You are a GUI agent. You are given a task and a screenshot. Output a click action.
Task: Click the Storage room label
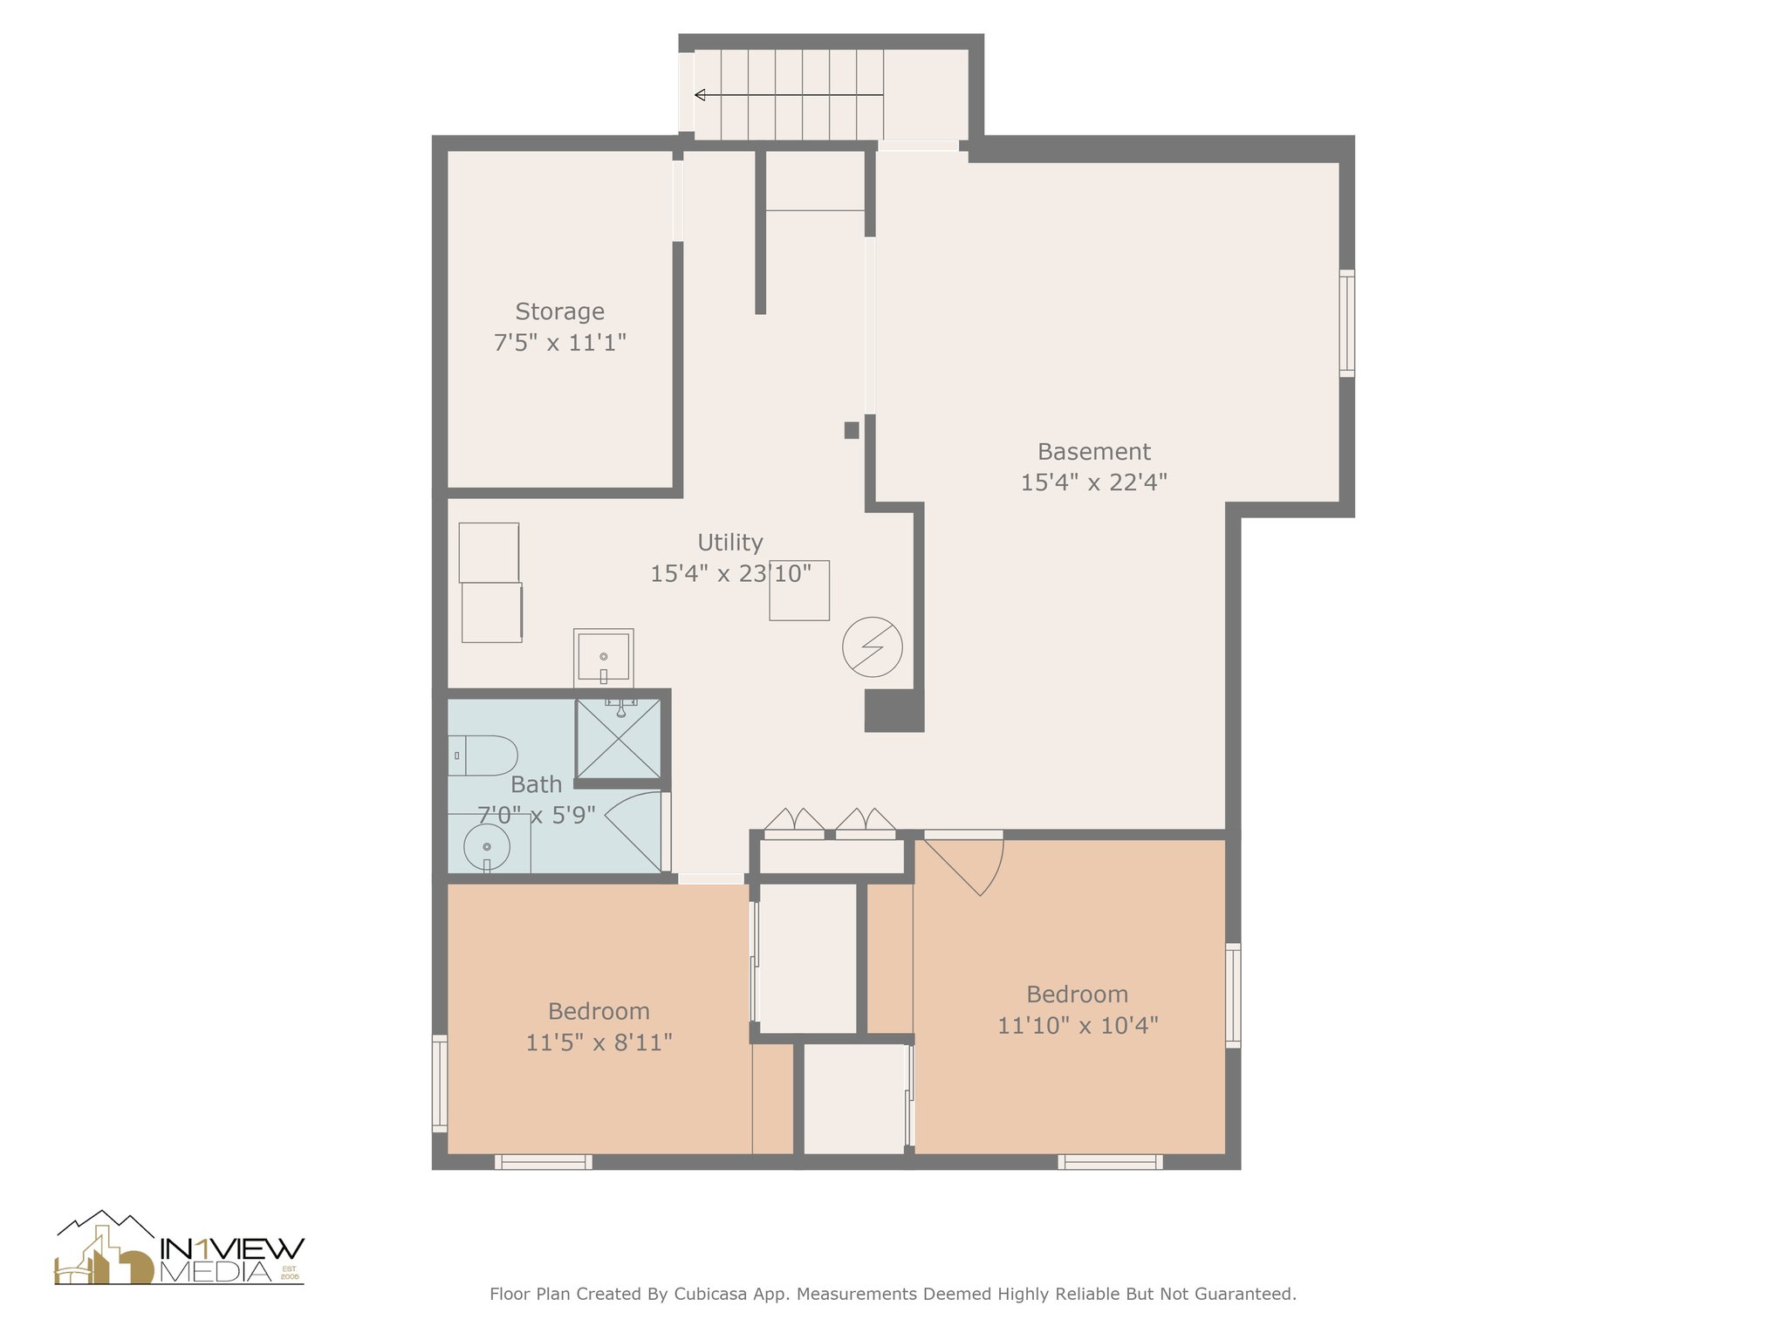pos(559,311)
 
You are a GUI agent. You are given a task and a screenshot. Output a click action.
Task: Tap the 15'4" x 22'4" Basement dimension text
pos(1093,482)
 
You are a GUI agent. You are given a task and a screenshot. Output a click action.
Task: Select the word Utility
pos(730,543)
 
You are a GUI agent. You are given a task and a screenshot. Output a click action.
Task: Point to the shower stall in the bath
pos(618,738)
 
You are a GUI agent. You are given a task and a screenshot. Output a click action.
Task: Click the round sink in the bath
pos(487,847)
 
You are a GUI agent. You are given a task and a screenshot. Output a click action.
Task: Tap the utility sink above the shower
pos(603,656)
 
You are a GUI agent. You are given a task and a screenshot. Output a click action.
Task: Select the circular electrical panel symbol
pos(872,647)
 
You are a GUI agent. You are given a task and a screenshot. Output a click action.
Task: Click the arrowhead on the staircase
pos(700,95)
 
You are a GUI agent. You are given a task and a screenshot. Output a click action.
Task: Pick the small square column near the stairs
pos(852,430)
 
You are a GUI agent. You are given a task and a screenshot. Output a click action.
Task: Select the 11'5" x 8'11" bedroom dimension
pos(599,1043)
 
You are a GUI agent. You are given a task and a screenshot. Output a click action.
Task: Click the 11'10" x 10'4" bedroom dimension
pos(1078,1025)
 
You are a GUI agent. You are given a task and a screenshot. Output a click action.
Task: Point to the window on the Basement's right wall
pos(1347,323)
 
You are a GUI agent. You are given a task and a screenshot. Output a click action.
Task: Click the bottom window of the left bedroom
pos(544,1161)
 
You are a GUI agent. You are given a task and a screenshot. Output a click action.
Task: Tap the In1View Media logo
pos(180,1249)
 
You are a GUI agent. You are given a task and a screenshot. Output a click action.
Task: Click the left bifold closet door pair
pos(794,822)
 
